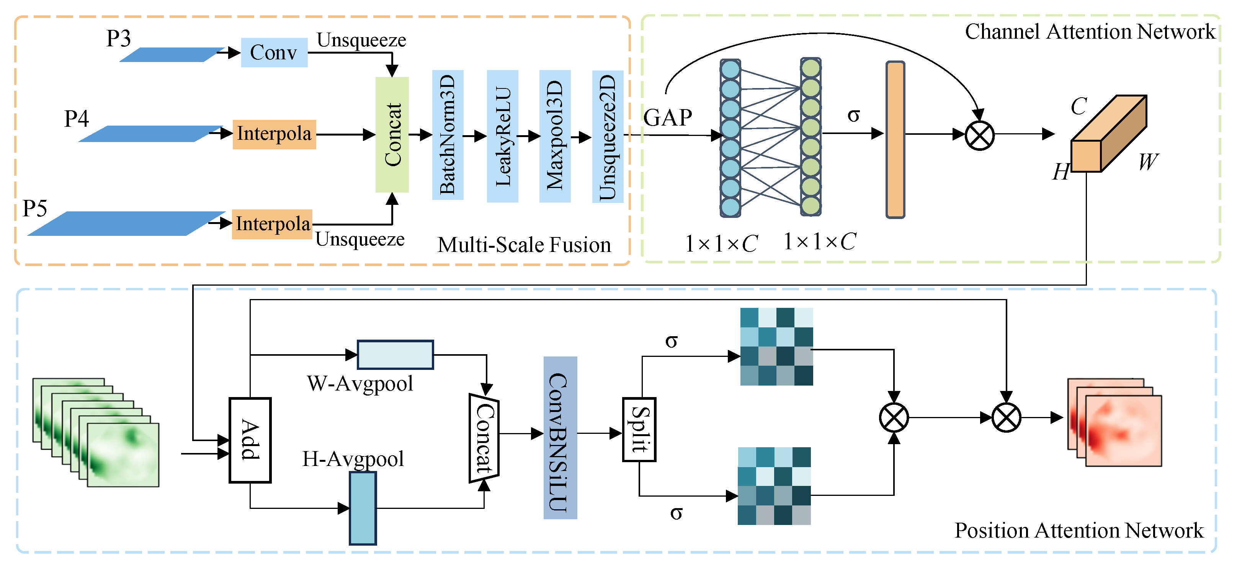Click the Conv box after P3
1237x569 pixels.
[x=274, y=52]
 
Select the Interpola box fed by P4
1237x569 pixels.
[x=274, y=134]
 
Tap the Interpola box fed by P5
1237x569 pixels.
[x=272, y=224]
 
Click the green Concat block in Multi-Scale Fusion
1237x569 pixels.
[x=392, y=134]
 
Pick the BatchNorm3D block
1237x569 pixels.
[x=448, y=134]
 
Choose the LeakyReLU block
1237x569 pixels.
[x=502, y=136]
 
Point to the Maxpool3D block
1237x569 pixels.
[x=555, y=136]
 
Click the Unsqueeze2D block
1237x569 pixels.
[x=608, y=136]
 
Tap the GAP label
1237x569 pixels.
[x=667, y=118]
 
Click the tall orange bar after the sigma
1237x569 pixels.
[x=895, y=139]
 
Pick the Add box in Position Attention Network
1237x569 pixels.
[x=250, y=440]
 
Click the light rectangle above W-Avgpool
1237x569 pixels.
[x=395, y=355]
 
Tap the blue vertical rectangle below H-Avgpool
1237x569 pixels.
[x=363, y=508]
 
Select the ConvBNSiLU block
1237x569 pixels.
[x=560, y=437]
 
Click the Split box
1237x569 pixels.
[x=639, y=429]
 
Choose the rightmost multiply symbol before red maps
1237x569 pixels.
[x=1006, y=417]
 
